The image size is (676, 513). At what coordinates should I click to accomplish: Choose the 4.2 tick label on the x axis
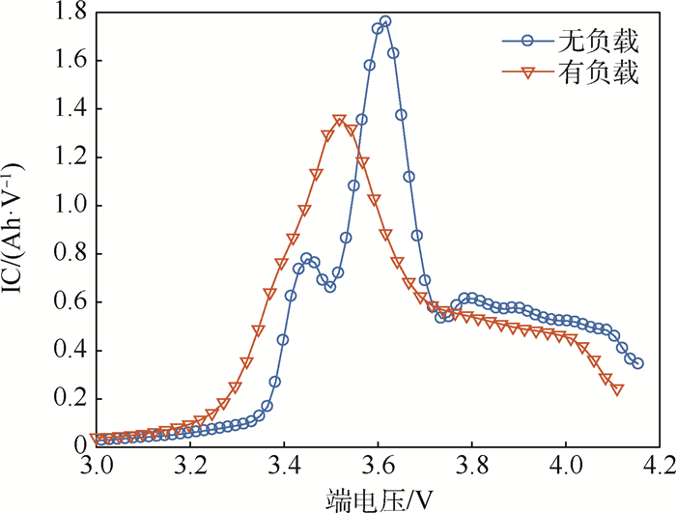(x=660, y=465)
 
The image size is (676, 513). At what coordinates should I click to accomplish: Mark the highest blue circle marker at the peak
(x=385, y=21)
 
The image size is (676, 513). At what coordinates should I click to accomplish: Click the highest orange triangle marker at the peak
(x=339, y=121)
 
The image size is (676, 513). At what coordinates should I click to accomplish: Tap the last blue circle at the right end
(x=637, y=363)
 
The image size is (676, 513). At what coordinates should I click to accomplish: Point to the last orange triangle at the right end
(x=617, y=389)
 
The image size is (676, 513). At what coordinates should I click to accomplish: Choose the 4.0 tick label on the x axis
(x=566, y=465)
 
